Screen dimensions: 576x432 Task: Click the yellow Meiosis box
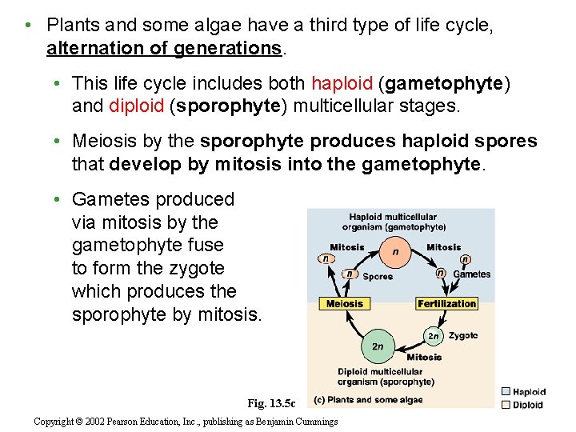[344, 304]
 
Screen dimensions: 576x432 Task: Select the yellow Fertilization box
[446, 304]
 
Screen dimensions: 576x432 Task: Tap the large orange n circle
[395, 251]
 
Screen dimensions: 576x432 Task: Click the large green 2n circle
[377, 346]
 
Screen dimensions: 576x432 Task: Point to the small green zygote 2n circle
[433, 335]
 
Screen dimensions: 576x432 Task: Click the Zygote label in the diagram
[463, 335]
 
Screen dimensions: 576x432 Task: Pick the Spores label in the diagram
[378, 277]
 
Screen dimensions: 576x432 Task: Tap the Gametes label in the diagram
[472, 274]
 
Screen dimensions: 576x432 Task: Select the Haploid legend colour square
[506, 392]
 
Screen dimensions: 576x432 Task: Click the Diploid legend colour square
[506, 405]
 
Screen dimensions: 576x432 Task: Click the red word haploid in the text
[342, 83]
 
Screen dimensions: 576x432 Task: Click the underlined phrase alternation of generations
[164, 48]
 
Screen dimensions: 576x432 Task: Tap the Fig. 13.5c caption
[271, 403]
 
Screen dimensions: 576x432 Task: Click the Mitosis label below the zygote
[424, 358]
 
